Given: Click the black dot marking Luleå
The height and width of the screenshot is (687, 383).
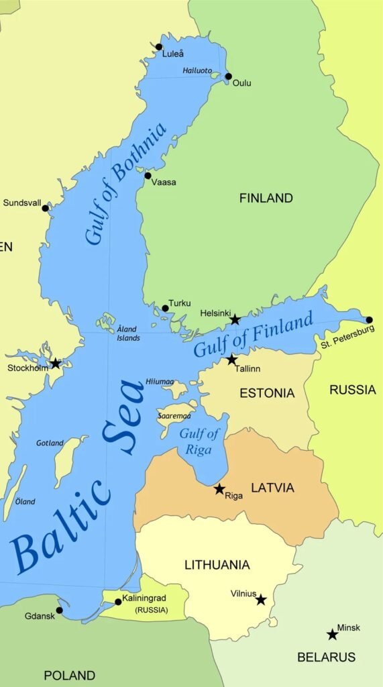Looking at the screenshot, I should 159,47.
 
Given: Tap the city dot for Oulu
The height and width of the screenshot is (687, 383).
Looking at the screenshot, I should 228,76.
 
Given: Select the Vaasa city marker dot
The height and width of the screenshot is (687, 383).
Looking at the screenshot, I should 148,176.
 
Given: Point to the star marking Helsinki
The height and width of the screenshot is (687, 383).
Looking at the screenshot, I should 235,320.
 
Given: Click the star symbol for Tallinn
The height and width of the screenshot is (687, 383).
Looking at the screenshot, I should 231,360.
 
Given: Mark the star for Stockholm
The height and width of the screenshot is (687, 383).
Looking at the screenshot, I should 55,364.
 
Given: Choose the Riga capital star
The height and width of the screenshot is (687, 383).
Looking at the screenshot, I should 219,489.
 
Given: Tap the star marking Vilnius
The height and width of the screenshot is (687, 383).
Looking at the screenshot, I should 261,599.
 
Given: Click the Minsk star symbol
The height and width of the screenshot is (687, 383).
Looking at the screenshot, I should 332,634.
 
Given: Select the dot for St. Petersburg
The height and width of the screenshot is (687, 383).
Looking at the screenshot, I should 369,320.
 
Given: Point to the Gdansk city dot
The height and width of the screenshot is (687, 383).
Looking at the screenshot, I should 59,611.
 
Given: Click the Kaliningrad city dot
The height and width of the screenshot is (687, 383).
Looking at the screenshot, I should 118,602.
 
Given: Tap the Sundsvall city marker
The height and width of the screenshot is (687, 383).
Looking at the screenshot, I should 46,208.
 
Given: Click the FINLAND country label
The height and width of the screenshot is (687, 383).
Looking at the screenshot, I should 266,198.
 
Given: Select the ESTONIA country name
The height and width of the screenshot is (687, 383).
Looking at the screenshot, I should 267,393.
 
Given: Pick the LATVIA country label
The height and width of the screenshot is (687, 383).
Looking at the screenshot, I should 272,488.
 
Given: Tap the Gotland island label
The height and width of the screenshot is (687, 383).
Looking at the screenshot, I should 50,443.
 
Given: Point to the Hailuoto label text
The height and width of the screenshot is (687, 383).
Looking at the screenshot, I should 197,70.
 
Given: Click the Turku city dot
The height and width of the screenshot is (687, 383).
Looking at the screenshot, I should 165,309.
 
